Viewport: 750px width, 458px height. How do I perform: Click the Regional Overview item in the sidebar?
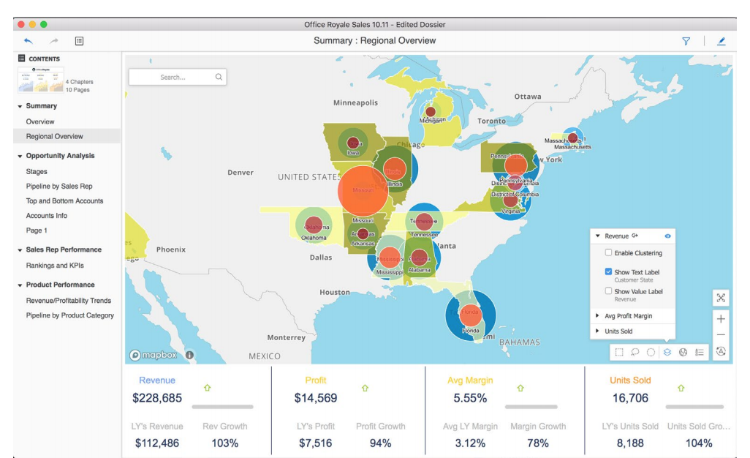[55, 136]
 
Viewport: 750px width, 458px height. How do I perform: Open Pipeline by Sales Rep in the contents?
[59, 187]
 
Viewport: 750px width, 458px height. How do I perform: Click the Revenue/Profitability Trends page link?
[69, 301]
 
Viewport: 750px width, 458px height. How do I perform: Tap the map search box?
[178, 77]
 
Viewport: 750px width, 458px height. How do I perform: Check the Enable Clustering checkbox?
[609, 253]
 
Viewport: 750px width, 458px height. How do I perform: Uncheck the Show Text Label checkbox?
[609, 271]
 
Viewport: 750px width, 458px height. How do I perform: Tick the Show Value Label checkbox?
[609, 290]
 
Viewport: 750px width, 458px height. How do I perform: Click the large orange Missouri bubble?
[363, 189]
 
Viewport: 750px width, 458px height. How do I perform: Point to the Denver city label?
[240, 173]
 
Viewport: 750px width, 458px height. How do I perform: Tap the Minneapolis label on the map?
[355, 103]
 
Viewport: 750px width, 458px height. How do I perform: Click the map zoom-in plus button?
[721, 319]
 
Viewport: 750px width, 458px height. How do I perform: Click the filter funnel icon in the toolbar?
[686, 41]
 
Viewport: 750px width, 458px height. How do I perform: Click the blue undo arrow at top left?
[29, 41]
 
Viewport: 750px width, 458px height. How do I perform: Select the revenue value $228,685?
[157, 399]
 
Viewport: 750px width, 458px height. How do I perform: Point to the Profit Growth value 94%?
[380, 443]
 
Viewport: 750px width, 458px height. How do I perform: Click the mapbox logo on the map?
[153, 355]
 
